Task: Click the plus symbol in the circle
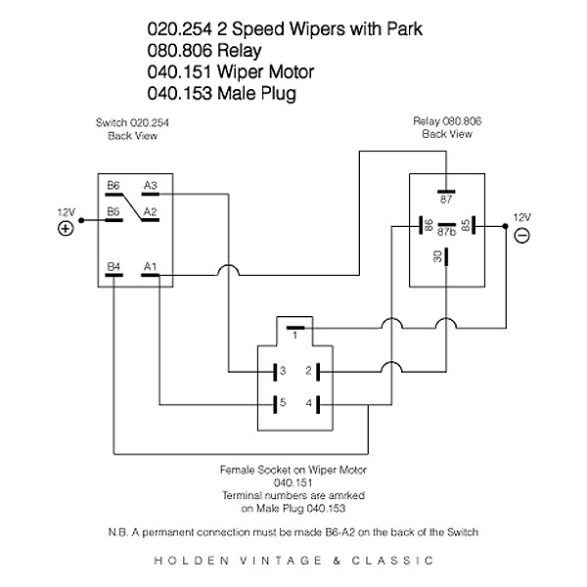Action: [x=66, y=228]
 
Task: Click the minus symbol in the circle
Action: [x=521, y=235]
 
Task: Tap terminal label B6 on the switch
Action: [x=113, y=184]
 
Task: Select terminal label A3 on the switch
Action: [x=151, y=184]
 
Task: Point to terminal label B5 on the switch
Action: [x=113, y=210]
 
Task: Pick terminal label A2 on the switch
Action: [x=151, y=210]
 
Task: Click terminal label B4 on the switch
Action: [x=113, y=265]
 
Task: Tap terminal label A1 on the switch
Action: [x=151, y=265]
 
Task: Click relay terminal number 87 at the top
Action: [x=446, y=200]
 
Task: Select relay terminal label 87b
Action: [x=446, y=233]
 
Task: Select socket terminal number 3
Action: [x=281, y=371]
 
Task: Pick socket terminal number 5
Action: [x=281, y=402]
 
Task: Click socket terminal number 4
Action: [x=307, y=402]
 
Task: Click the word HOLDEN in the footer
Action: [x=186, y=562]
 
